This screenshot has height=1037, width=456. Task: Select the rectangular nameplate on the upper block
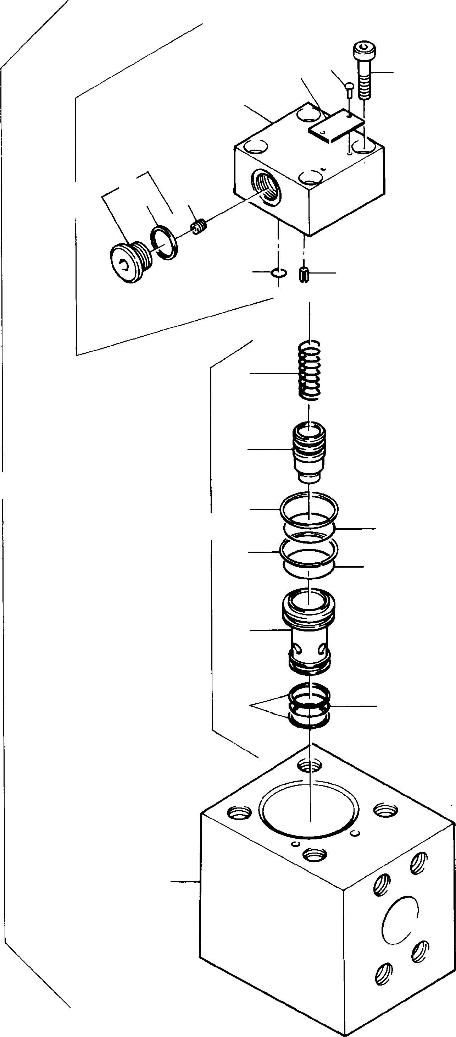pos(337,126)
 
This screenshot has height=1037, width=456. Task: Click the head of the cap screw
pos(364,50)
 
